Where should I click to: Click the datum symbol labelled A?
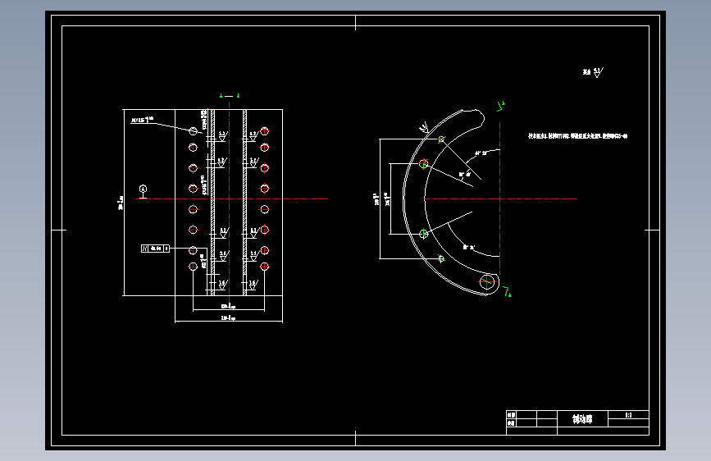[144, 189]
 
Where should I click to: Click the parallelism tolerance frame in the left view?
[155, 247]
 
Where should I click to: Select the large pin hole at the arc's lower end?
[489, 281]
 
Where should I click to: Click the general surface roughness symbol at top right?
[593, 73]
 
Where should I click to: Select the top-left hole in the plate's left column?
[193, 130]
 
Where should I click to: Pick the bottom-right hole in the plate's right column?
[265, 267]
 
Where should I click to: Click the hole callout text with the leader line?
[142, 121]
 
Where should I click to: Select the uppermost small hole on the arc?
[441, 139]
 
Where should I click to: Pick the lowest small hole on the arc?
[441, 258]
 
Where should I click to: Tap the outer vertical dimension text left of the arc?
[376, 199]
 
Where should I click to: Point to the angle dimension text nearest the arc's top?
[481, 153]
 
